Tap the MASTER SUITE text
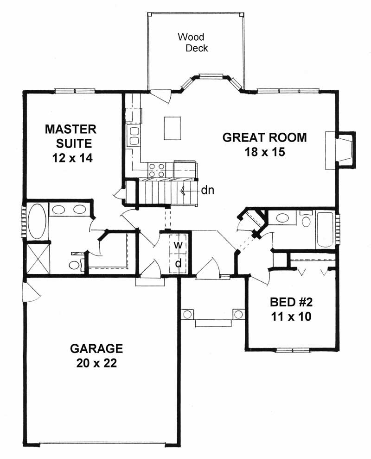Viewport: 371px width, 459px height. (70, 136)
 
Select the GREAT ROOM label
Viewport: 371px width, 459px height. (264, 137)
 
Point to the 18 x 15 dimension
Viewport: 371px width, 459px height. (264, 153)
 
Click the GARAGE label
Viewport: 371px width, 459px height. (96, 348)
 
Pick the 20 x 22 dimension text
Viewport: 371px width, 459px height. (96, 363)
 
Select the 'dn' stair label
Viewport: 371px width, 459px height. (207, 190)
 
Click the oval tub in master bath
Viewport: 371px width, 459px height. (37, 223)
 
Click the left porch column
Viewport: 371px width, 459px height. (187, 314)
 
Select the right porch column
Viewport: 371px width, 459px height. (238, 314)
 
